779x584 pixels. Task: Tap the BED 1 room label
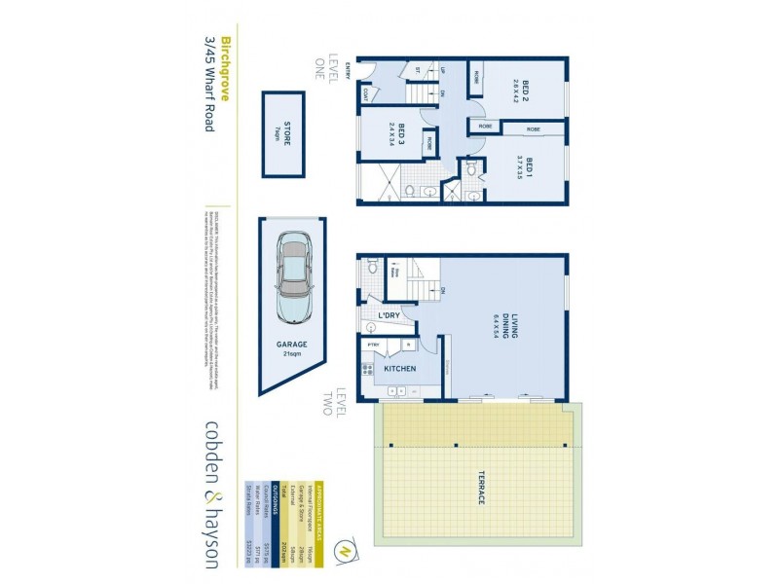point(527,164)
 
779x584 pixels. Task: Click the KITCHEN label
point(399,370)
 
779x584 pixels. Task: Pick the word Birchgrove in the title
point(225,71)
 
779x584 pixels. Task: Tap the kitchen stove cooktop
point(367,369)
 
